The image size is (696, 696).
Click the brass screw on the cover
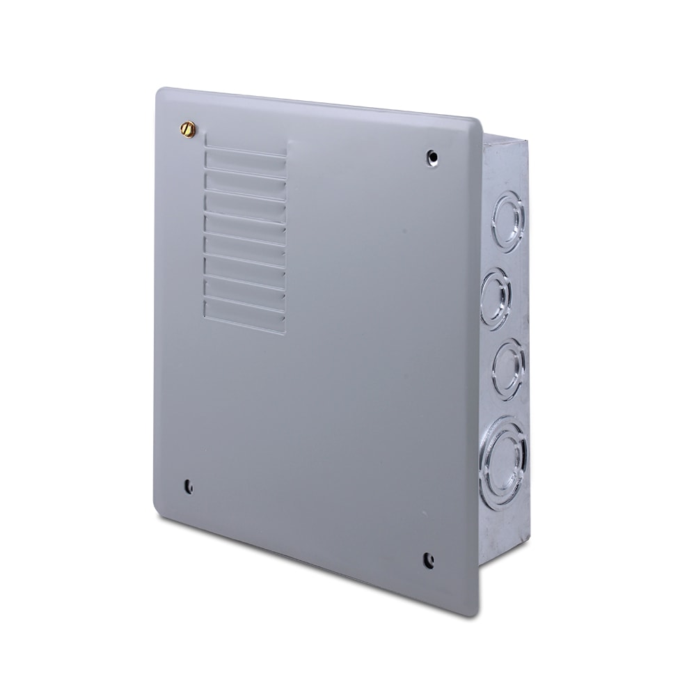tap(187, 128)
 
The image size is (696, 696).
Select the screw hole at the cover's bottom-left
tap(187, 486)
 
